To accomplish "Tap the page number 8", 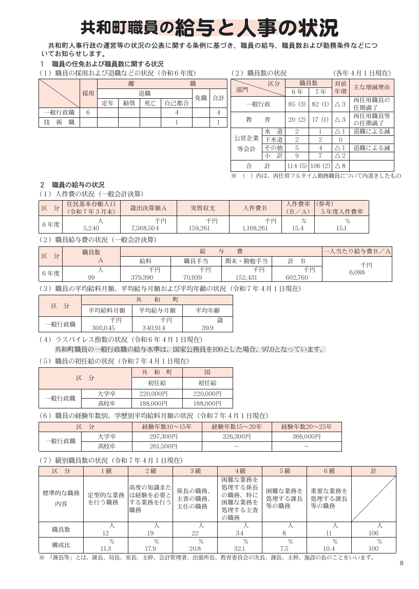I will tap(402, 563).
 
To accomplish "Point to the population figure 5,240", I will tap(90, 227).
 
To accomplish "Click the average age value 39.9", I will tap(208, 328).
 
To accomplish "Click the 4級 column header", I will tap(240, 471).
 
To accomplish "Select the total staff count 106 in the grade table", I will tap(373, 533).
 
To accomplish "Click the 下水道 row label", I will tap(273, 139).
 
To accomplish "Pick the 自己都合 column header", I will tap(176, 102).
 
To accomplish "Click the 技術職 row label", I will tap(60, 122).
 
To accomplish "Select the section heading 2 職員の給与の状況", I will tap(72, 184).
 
